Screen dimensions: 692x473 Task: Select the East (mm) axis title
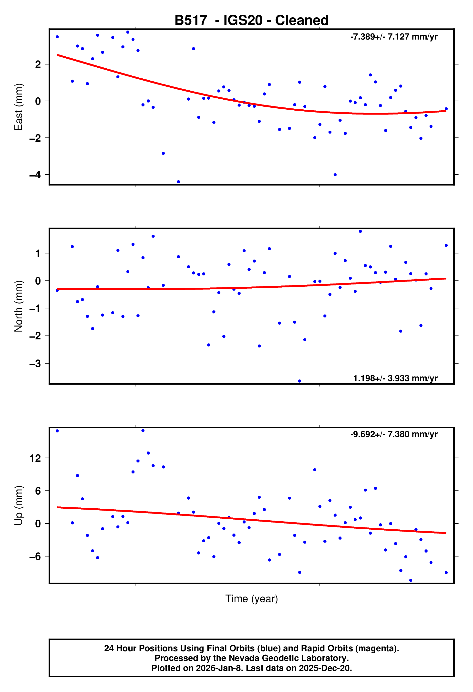pyautogui.click(x=19, y=107)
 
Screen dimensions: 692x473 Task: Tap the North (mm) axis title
pyautogui.click(x=19, y=306)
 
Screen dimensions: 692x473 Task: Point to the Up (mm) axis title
pyautogui.click(x=19, y=505)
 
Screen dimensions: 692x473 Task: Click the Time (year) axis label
pyautogui.click(x=252, y=598)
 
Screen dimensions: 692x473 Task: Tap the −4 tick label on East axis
pyautogui.click(x=35, y=175)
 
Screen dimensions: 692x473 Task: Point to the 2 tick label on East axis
pyautogui.click(x=38, y=64)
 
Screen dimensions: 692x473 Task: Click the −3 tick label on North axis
pyautogui.click(x=35, y=364)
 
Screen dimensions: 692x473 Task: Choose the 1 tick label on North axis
pyautogui.click(x=38, y=253)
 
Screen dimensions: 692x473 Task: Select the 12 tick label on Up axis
pyautogui.click(x=35, y=458)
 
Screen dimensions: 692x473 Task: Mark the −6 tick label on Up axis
pyautogui.click(x=35, y=556)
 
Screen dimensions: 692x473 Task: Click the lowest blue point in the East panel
pyautogui.click(x=178, y=182)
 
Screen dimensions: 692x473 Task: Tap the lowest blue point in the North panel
pyautogui.click(x=299, y=381)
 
